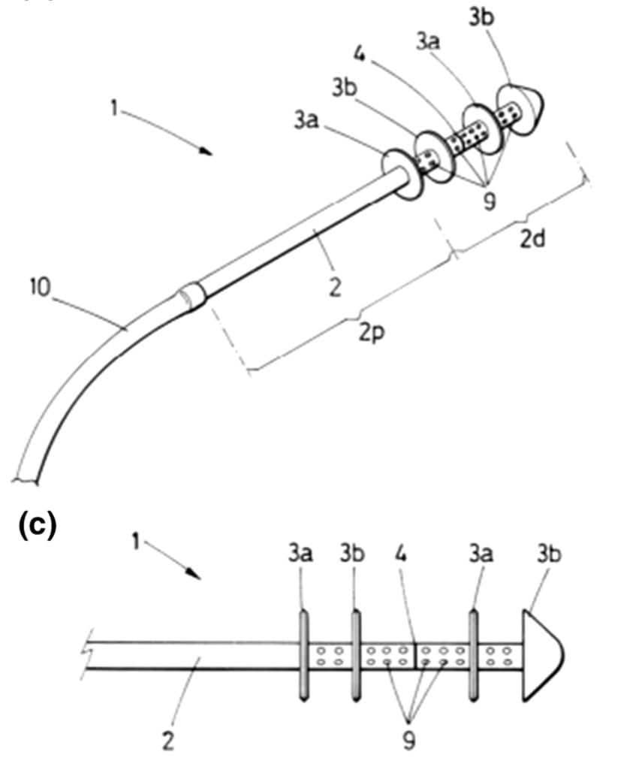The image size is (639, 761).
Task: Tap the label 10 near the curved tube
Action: click(x=40, y=287)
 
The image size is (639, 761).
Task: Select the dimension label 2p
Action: click(x=372, y=333)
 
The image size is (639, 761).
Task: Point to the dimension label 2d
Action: click(x=532, y=239)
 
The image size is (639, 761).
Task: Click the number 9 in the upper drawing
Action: click(x=490, y=201)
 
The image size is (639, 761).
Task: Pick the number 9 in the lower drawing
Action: click(x=409, y=740)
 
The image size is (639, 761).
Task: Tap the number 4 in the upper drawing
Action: click(x=360, y=54)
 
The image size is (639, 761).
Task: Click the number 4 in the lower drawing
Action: click(x=400, y=553)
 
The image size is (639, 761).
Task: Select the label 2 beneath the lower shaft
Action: click(x=167, y=741)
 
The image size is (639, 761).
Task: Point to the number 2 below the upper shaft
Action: click(x=335, y=287)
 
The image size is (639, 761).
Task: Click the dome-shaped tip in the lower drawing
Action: click(x=542, y=656)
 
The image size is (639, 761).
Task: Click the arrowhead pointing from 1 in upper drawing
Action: click(x=206, y=151)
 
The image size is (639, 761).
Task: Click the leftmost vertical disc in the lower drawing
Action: click(x=303, y=656)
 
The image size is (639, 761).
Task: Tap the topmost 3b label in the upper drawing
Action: click(x=481, y=17)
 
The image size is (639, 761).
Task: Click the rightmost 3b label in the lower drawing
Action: click(x=549, y=553)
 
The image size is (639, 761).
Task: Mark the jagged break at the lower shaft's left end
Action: click(x=86, y=656)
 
